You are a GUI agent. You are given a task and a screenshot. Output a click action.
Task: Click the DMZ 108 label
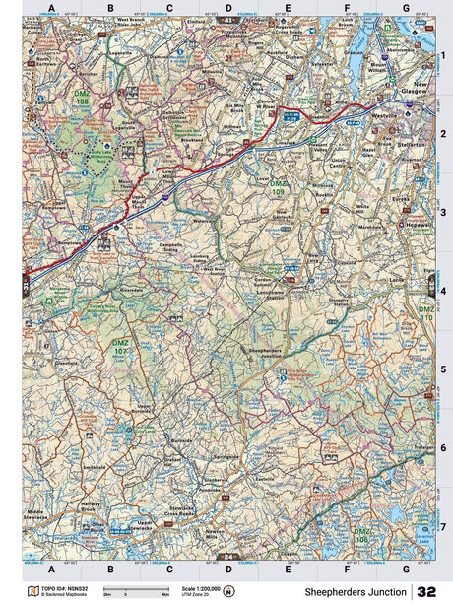[82, 98]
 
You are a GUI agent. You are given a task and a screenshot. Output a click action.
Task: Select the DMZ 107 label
[120, 347]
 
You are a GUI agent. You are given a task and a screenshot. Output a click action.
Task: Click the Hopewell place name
[417, 225]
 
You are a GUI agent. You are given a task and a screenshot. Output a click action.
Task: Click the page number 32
[426, 591]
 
